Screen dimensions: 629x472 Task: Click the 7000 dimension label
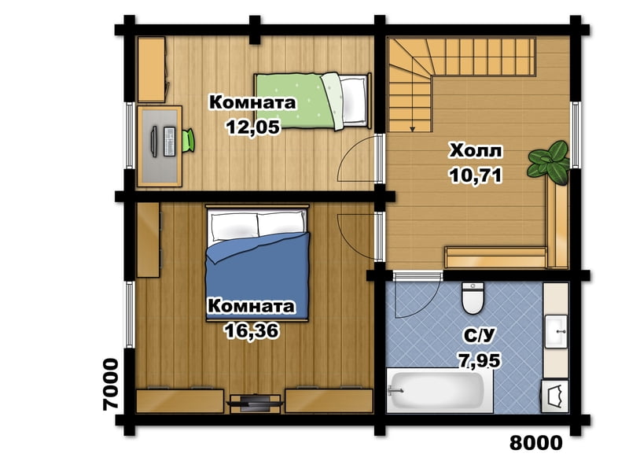(111, 384)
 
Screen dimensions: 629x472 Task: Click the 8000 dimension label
(536, 443)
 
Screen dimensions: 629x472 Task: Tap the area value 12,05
(252, 127)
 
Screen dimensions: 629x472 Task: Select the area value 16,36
(252, 331)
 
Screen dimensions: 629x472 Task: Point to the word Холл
(476, 151)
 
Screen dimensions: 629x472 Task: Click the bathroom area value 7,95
(480, 360)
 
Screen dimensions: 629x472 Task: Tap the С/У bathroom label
(480, 335)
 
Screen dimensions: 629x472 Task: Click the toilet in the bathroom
(473, 298)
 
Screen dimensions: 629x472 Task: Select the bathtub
(440, 391)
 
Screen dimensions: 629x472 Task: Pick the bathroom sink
(556, 331)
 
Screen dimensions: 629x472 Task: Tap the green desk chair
(188, 141)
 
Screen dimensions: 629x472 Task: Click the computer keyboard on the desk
(170, 142)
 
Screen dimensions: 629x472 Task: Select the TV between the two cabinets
(254, 401)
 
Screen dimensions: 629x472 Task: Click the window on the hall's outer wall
(575, 135)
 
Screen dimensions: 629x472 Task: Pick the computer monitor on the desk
(154, 141)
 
